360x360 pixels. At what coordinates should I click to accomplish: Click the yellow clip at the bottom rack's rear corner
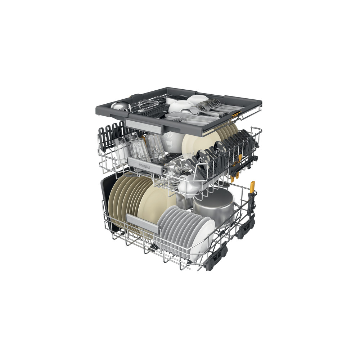pos(252,186)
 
